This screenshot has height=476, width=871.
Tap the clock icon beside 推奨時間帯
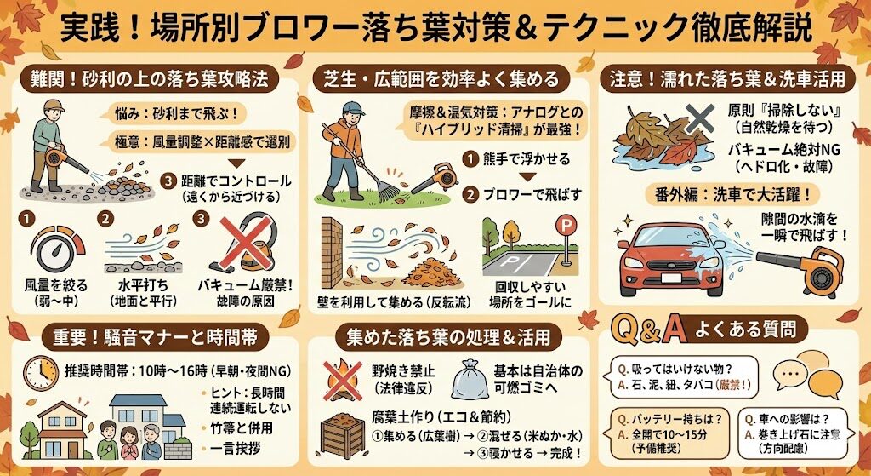41,372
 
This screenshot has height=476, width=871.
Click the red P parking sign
563,227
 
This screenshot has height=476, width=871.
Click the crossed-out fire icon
341,378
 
